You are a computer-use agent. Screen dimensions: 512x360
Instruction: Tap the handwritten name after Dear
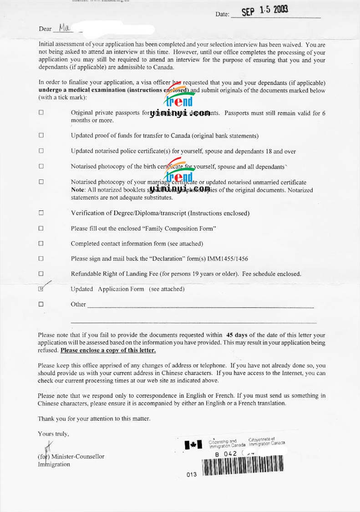pos(64,28)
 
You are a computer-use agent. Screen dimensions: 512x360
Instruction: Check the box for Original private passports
pos(41,112)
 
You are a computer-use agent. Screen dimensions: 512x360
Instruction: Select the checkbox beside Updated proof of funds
pos(41,135)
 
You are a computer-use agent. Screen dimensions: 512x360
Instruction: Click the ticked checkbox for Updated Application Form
pos(41,289)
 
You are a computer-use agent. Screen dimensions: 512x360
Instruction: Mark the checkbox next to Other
pos(41,304)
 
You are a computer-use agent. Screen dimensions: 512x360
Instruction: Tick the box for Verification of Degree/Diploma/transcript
pos(41,213)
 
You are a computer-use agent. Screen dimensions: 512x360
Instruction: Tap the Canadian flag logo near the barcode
pos(193,445)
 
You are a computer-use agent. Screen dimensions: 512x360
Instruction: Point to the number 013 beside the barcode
pos(192,474)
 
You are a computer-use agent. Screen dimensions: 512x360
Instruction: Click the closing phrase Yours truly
pos(53,434)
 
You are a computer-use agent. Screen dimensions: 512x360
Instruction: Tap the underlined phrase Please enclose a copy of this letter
pos(108,350)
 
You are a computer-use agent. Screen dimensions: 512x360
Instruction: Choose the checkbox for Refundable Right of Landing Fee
pos(41,274)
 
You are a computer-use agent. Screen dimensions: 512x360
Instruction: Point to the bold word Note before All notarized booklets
pos(78,189)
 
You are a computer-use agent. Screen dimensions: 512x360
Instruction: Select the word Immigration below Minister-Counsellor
pos(54,464)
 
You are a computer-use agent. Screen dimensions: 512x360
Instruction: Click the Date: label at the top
pos(222,14)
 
